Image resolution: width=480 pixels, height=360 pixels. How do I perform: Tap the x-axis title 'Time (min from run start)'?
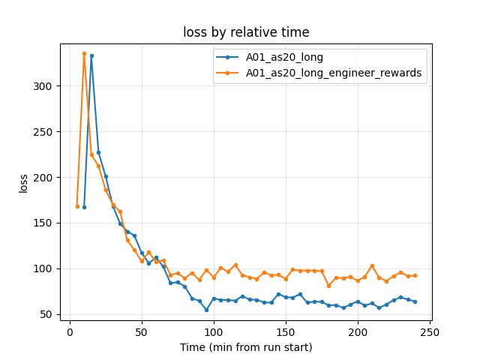(x=246, y=347)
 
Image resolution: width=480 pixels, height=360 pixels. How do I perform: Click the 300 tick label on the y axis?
(x=43, y=86)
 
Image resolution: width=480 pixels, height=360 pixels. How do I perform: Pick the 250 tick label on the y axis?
(x=43, y=132)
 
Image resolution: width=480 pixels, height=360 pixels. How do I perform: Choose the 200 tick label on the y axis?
(x=43, y=178)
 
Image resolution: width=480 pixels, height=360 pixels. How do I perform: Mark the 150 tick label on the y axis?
(x=43, y=223)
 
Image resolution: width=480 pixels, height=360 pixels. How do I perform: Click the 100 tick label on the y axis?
(x=43, y=269)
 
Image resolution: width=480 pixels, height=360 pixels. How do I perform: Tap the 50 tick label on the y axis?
(x=46, y=314)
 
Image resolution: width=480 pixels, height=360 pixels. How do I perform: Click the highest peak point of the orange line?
(x=84, y=53)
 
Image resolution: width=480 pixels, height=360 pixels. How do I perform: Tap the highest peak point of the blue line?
(x=91, y=55)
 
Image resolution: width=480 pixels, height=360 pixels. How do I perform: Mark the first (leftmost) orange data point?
(x=77, y=206)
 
